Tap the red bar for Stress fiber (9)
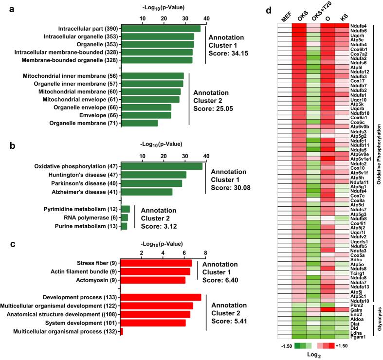coord(156,263)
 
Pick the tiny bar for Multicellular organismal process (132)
coord(122,332)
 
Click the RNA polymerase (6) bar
coord(124,217)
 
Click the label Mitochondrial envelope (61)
coord(73,99)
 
